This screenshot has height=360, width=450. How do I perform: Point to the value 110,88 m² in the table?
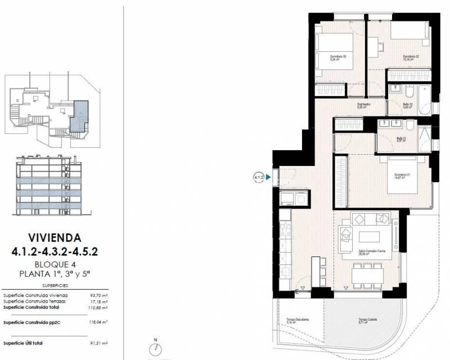(98, 308)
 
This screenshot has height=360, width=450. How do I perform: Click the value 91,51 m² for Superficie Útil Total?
(98, 343)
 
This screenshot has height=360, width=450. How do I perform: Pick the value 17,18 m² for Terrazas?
(98, 301)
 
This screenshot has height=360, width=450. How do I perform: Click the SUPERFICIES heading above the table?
(55, 285)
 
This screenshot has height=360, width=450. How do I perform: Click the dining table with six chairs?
(368, 274)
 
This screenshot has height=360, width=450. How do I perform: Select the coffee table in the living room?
(370, 235)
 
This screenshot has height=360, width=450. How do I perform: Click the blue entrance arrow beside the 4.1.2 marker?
(269, 178)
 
